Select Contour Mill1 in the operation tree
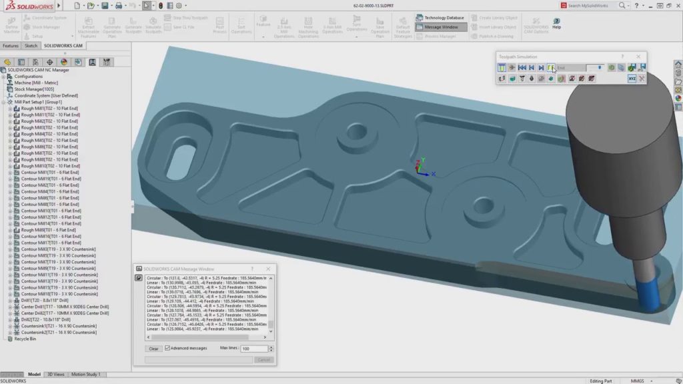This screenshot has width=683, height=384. pyautogui.click(x=43, y=172)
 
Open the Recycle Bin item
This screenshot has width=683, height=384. pyautogui.click(x=25, y=339)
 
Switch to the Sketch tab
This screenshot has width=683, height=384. pyautogui.click(x=31, y=46)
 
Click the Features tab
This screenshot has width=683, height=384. pyautogui.click(x=11, y=46)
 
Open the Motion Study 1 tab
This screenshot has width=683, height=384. pyautogui.click(x=86, y=375)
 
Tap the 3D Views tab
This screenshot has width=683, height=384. pyautogui.click(x=56, y=375)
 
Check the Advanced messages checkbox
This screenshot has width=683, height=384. pyautogui.click(x=168, y=348)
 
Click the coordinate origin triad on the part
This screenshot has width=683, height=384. pyautogui.click(x=420, y=166)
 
